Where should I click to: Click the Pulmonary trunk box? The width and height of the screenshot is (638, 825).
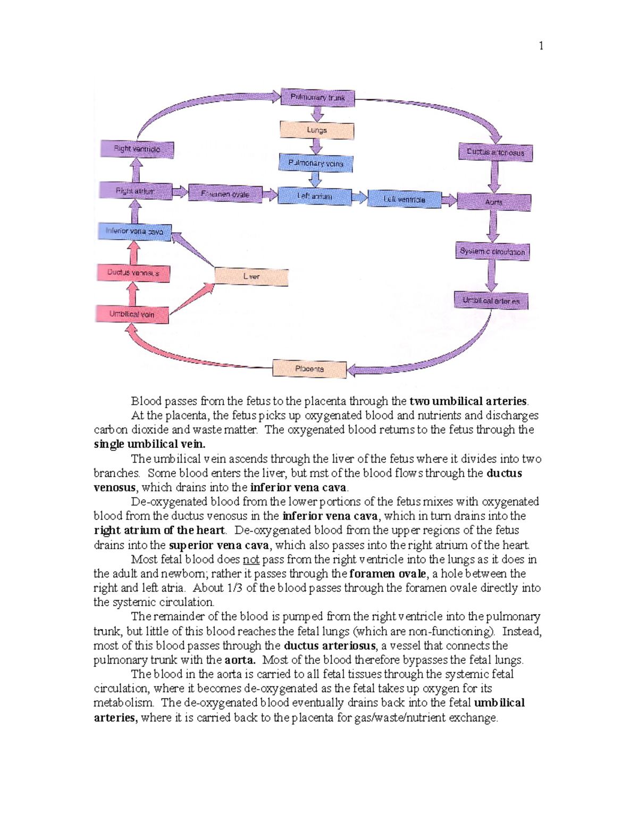pos(317,98)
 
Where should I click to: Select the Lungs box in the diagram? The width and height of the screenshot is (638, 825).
pos(317,130)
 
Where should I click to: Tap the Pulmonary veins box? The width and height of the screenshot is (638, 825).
pos(316,163)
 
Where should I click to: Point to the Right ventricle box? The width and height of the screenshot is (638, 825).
pos(137,149)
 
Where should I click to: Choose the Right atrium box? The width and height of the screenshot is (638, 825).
pos(136,191)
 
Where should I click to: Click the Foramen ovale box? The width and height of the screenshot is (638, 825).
pos(225,194)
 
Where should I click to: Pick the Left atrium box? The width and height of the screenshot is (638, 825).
pos(314,196)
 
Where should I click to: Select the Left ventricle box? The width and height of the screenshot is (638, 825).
pos(404,200)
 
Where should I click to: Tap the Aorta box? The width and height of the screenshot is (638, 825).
pos(493,202)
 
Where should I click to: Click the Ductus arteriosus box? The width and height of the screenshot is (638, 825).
pos(496,152)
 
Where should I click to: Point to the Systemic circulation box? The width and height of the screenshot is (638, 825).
pos(492,251)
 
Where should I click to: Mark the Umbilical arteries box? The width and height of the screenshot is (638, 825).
pos(491,301)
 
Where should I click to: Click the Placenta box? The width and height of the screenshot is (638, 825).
pos(309,369)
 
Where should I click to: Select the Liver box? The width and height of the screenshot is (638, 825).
pos(251,277)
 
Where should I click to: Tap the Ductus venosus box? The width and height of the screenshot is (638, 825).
pos(133,273)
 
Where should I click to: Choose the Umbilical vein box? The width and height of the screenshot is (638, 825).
pos(132,314)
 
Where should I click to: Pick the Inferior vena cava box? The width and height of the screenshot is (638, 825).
pos(135,232)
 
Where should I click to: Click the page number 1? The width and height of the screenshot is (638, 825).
pos(541,46)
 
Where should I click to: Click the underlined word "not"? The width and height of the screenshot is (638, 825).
pos(251,559)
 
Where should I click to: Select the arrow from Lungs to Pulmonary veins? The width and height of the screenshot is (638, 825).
pos(316,146)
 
